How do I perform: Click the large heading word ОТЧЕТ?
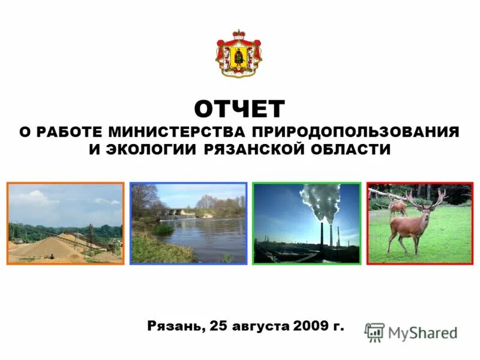pos(239,109)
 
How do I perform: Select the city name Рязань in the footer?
pos(175,327)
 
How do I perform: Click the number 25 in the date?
pos(220,327)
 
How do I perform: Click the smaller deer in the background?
pos(397,207)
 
